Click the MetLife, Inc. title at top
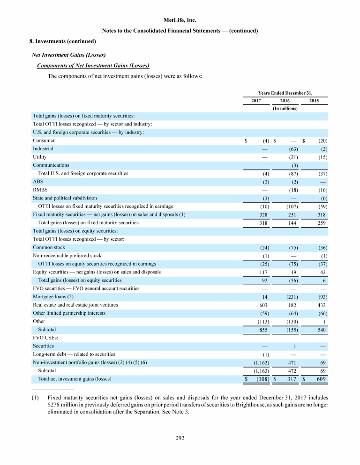coord(180,21)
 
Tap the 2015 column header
coord(315,101)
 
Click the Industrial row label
coord(43,149)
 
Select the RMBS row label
coord(39,190)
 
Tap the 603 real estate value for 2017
coord(262,305)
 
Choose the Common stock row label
coord(49,247)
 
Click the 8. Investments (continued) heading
coord(63,41)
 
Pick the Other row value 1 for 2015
coord(324,321)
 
